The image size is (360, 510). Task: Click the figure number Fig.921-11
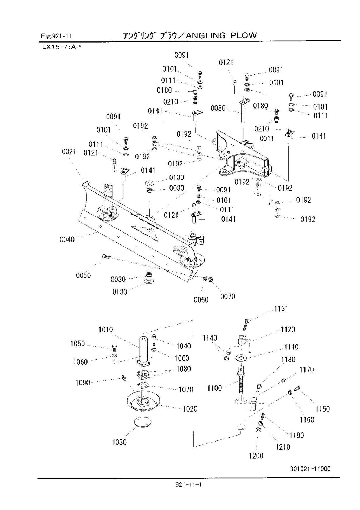point(56,36)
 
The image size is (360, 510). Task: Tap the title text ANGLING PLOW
point(221,35)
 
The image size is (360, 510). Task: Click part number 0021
point(69,152)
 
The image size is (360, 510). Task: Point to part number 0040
point(67,240)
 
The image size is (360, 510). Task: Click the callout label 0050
point(83,275)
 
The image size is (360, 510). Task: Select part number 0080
point(218,108)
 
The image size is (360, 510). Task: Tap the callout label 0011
point(267,139)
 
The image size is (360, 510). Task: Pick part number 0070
point(228,297)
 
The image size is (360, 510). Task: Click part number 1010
point(105,329)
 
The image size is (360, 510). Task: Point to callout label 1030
point(119,442)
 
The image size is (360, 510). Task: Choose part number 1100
point(214,388)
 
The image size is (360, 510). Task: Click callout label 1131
point(281,309)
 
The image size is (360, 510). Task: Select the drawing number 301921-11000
point(310,469)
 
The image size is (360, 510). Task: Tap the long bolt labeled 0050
point(107,257)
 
